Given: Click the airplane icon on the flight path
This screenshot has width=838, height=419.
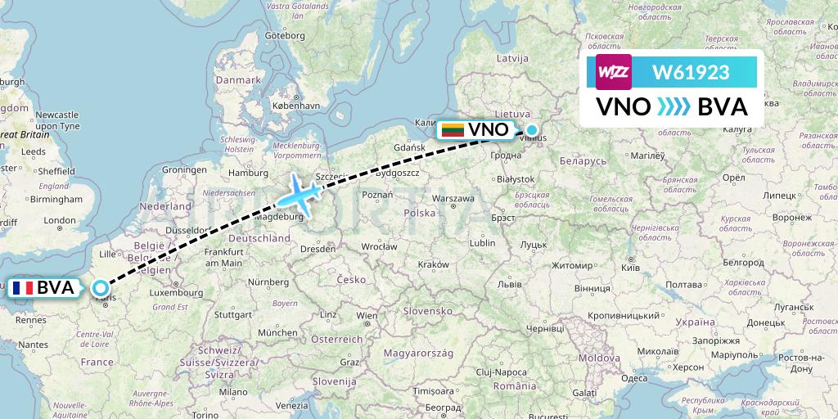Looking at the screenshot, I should pos(298,196).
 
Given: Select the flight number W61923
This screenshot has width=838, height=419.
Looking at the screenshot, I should pos(690,73).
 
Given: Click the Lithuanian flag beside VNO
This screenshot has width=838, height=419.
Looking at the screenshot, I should pos(453,130).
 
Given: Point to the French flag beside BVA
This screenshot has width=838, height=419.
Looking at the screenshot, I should pos(21,288).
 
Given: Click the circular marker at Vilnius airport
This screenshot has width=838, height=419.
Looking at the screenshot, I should pos(532,129).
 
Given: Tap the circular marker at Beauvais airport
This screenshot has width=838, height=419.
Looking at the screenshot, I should pos(100,288).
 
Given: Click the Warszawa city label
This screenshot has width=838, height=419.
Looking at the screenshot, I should pos(453,198).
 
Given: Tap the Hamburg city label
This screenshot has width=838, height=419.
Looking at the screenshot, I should pos(250,173).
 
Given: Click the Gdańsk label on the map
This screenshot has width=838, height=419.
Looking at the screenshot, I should pos(408,147).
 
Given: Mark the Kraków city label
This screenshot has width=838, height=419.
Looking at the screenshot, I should pos(433,264).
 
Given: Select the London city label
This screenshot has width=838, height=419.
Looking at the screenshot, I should pos(60,220).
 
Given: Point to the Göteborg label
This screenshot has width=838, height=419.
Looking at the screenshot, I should pos(285,35).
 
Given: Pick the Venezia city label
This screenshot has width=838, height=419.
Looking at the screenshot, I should pos(292,406).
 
